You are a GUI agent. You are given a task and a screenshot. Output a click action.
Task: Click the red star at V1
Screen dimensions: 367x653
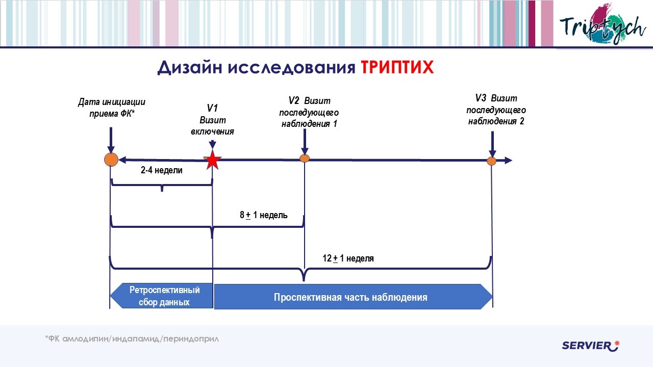pos(212,161)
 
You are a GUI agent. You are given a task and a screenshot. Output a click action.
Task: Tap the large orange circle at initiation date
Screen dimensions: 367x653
pos(111,160)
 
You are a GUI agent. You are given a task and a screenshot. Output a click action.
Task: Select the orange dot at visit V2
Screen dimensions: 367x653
pos(305,158)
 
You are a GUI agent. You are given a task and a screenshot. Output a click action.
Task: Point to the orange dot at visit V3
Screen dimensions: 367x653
pos(491,161)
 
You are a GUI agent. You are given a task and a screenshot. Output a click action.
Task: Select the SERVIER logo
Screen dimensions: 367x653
pos(590,346)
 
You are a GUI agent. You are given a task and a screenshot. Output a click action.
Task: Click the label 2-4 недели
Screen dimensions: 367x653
pos(161,171)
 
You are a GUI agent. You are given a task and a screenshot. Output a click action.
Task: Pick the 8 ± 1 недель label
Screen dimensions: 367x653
pos(264,215)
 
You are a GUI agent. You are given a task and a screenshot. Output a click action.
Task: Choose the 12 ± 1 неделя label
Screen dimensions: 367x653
pos(348,258)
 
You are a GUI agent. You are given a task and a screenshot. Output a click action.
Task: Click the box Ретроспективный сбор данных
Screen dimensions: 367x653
pos(162,296)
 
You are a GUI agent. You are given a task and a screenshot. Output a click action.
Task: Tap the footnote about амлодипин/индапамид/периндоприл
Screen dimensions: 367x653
pos(132,338)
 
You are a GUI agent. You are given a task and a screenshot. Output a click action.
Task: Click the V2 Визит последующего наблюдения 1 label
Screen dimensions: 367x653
pos(309,112)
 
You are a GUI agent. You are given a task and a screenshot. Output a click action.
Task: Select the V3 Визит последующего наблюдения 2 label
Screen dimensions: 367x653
pos(496,110)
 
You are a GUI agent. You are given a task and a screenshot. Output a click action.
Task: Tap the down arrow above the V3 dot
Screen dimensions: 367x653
pos(492,145)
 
